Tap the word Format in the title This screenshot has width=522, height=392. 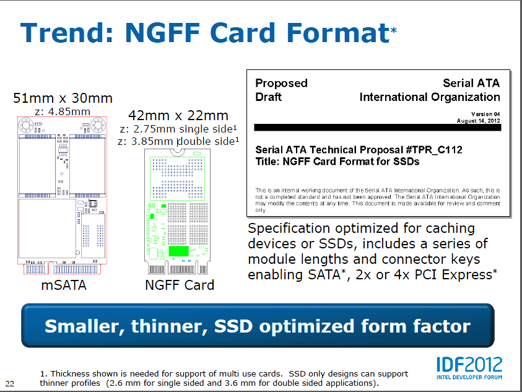[338, 33]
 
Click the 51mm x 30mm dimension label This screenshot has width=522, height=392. [63, 98]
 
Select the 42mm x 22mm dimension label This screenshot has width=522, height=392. [178, 116]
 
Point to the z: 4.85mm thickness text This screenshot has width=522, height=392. [63, 111]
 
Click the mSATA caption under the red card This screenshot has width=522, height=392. [64, 285]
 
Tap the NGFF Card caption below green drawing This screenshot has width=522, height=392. [180, 285]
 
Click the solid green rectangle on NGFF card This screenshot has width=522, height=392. [178, 251]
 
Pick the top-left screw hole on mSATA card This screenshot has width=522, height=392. [25, 125]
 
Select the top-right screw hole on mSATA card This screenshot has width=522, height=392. [98, 125]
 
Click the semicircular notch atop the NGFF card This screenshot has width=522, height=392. [178, 153]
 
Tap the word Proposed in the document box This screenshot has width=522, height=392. [281, 83]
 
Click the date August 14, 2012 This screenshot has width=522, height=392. [479, 121]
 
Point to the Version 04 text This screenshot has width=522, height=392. [485, 114]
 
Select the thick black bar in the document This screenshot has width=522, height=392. [378, 127]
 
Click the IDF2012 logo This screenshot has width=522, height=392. [469, 368]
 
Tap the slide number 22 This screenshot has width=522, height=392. [10, 384]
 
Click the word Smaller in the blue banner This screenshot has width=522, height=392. [85, 326]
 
